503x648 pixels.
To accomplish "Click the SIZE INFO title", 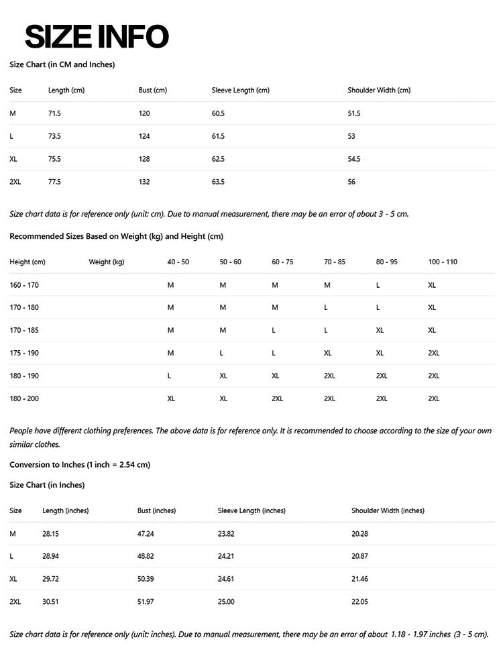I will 97,36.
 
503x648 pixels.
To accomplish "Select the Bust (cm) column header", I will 152,90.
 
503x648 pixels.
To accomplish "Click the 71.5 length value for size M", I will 54,113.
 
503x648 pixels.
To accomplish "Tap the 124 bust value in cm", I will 144,136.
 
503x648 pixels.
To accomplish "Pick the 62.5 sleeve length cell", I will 218,159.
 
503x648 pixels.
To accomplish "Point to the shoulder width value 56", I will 351,182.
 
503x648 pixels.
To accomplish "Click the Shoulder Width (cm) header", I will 379,90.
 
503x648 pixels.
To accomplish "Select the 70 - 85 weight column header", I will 335,262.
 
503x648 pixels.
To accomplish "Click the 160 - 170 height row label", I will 24,285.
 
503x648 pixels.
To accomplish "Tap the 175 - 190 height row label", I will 24,353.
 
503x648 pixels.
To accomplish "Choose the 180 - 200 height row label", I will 24,398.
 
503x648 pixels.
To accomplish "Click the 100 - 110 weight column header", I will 443,262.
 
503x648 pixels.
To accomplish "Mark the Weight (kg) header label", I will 107,262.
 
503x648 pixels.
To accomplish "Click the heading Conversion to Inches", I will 80,464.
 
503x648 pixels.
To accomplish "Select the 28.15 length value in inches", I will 50,533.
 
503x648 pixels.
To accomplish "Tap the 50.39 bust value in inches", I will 146,579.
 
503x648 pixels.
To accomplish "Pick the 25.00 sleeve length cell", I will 226,602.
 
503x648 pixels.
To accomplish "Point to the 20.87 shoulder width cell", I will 359,556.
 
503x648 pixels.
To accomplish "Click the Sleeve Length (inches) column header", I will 251,510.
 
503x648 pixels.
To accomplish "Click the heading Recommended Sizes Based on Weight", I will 116,236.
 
